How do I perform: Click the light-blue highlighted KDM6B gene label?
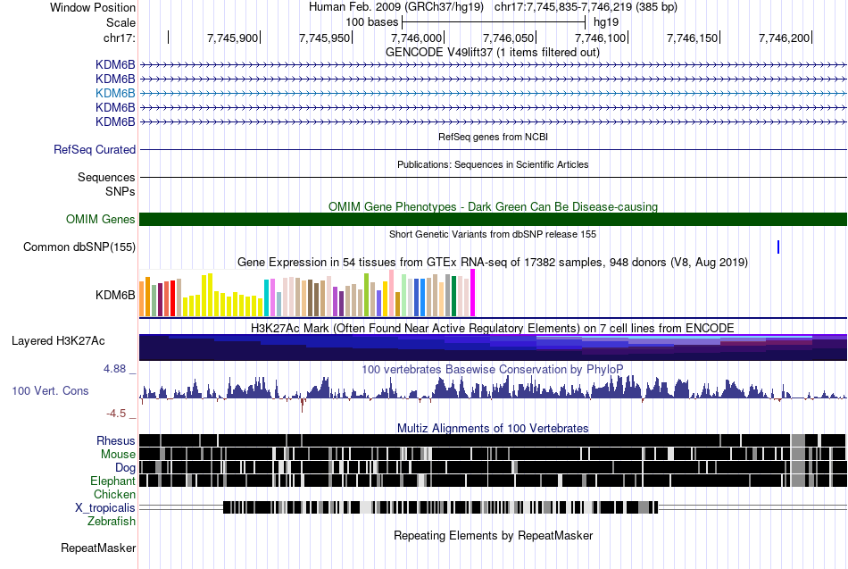(115, 93)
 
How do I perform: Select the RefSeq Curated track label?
(95, 149)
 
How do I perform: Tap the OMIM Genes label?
(101, 219)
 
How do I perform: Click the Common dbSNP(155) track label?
(79, 247)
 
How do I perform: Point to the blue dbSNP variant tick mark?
(778, 247)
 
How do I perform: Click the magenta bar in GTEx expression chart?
(473, 292)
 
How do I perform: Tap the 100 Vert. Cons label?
(50, 390)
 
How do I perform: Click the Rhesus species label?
(116, 440)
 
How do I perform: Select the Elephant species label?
(112, 481)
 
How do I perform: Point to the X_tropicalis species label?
(105, 507)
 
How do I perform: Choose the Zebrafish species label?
(112, 521)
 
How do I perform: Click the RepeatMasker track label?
(98, 548)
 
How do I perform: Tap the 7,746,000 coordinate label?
(417, 38)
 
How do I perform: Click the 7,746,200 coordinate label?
(784, 38)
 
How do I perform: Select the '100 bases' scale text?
(371, 21)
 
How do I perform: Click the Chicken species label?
(115, 494)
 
